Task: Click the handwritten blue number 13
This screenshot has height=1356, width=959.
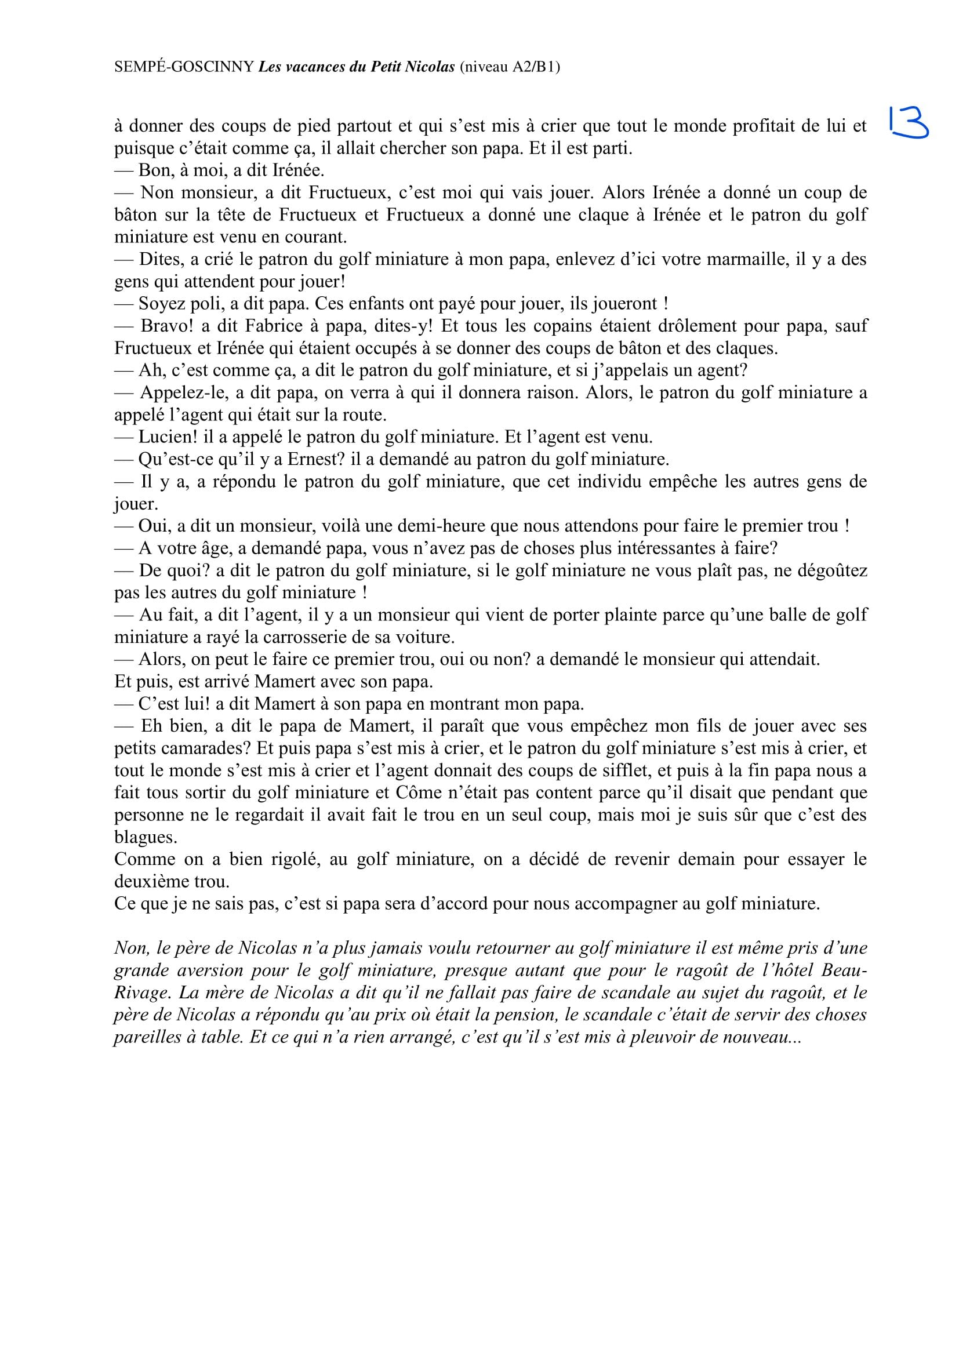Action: tap(907, 122)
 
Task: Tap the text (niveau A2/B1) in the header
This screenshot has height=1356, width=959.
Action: tap(510, 67)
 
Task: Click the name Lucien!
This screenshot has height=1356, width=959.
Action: tap(168, 438)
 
